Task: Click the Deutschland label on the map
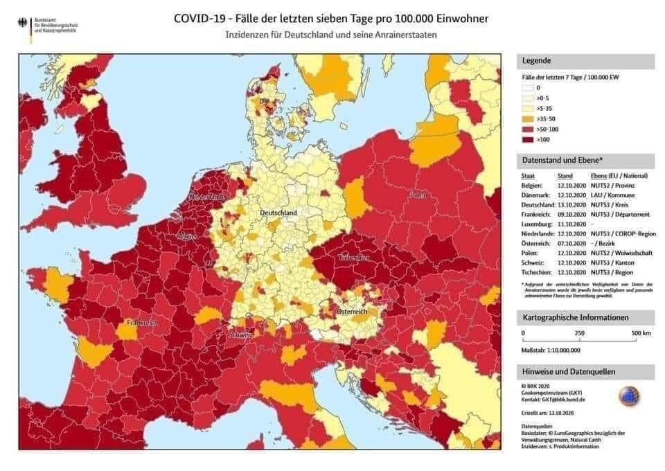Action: [x=279, y=212]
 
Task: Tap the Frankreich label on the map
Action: [x=143, y=323]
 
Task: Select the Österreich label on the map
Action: [x=351, y=312]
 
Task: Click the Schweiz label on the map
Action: [x=242, y=335]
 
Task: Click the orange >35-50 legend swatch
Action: [x=527, y=118]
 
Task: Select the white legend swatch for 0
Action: [x=527, y=89]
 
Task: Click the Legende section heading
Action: [x=536, y=62]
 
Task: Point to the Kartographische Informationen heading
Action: [x=575, y=318]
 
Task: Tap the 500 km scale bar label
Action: [x=640, y=333]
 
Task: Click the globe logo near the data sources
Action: [x=629, y=396]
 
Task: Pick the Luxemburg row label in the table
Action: [x=538, y=224]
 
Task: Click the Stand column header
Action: [x=565, y=176]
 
